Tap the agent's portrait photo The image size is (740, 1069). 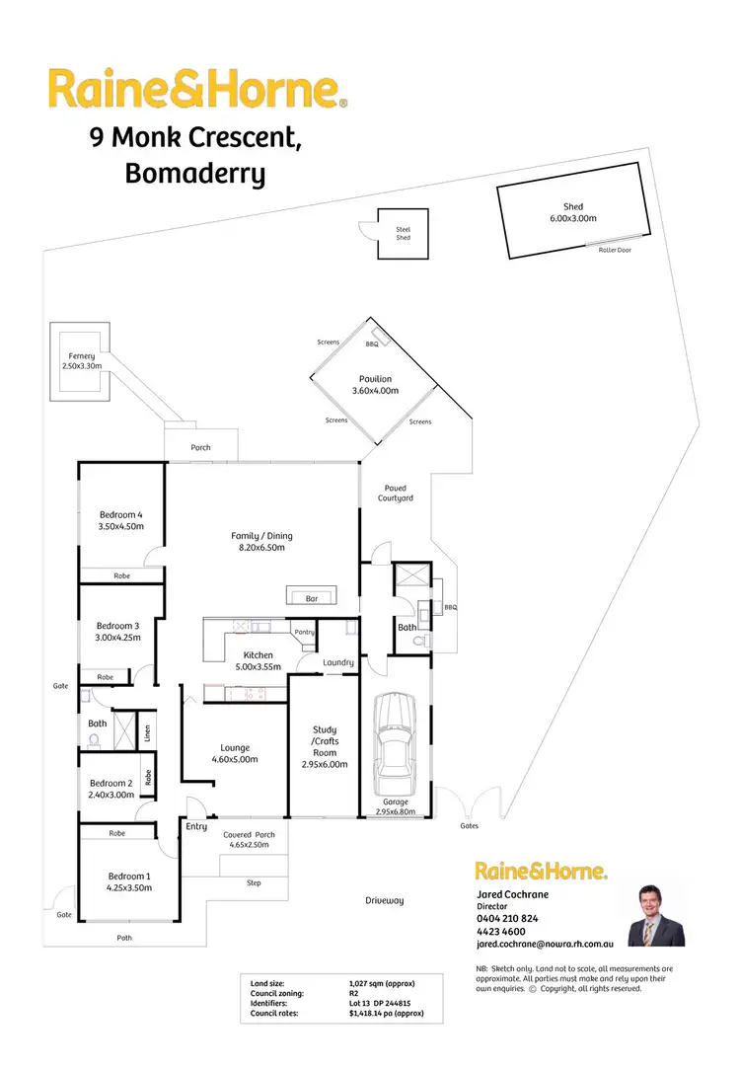[656, 915]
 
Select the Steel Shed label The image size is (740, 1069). [404, 233]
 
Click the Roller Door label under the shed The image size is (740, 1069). [615, 250]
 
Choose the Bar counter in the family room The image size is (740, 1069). [313, 597]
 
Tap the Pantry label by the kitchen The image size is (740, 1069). [304, 632]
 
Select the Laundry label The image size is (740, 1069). [338, 662]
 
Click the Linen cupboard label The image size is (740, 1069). [147, 731]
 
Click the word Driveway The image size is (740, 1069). [385, 900]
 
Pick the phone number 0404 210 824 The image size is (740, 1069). [507, 917]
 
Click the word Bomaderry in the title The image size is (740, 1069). [195, 174]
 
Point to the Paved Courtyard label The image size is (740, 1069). [396, 493]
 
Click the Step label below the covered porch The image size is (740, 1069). [254, 882]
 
